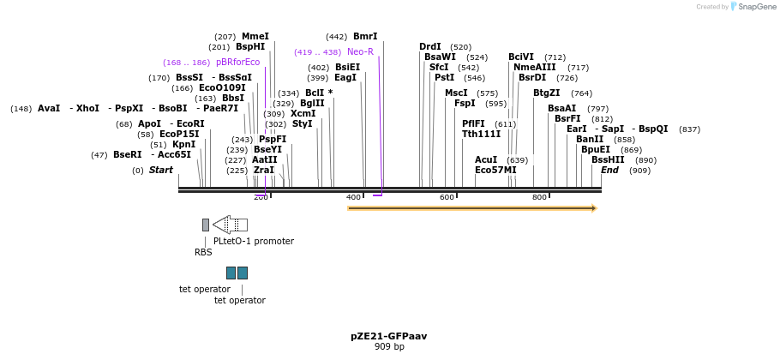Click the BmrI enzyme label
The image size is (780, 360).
tap(365, 37)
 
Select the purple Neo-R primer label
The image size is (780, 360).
tap(360, 52)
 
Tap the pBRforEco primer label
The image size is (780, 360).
tap(237, 63)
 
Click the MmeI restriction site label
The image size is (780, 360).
tap(255, 37)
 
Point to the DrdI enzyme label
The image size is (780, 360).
tap(430, 47)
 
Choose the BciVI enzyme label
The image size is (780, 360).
tap(521, 57)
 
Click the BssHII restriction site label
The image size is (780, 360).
tap(608, 160)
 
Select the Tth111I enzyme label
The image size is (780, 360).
tap(481, 135)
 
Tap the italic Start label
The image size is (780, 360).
tap(161, 171)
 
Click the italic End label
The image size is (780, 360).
tap(609, 171)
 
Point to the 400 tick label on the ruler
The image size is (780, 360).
tap(354, 197)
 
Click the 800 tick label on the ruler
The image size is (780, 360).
tap(539, 197)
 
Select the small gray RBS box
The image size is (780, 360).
tap(206, 225)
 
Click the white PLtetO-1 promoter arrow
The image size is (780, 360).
tap(230, 225)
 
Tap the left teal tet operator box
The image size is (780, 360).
tap(231, 273)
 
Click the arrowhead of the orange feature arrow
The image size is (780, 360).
tap(592, 207)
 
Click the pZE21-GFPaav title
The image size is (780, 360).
tap(389, 336)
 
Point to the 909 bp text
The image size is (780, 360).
tap(389, 347)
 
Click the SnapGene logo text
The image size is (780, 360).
tap(755, 7)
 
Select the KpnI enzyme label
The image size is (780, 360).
tap(184, 145)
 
